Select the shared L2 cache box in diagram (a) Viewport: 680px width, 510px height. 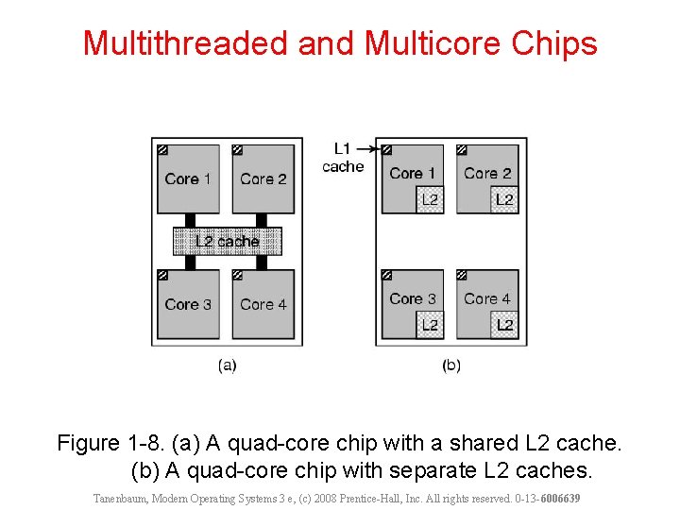227,242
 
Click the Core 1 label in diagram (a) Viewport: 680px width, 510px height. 188,178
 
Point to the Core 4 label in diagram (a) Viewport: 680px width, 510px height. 263,304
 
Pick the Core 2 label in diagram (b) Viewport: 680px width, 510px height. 487,173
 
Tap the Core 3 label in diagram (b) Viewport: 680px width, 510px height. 413,298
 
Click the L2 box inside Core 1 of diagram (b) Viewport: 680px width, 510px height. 430,199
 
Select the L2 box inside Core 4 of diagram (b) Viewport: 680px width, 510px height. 505,325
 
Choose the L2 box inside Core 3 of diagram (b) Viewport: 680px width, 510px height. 430,325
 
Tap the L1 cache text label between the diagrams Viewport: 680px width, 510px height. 342,158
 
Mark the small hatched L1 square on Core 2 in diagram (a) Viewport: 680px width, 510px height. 237,149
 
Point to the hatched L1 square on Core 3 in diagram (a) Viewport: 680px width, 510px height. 162,275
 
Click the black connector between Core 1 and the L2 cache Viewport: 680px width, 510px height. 188,220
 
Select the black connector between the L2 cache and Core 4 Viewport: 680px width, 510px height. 262,263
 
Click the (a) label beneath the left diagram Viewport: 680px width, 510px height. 227,365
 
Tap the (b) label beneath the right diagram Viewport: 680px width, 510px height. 451,365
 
